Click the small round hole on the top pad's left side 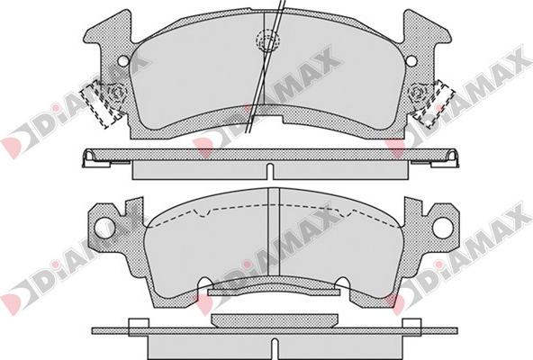click(123, 61)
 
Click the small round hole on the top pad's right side click(411, 61)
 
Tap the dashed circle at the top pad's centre click(268, 40)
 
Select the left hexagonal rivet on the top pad click(117, 92)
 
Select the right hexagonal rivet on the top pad click(419, 92)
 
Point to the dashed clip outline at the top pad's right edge click(435, 104)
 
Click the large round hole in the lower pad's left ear click(104, 228)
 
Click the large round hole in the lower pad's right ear click(443, 228)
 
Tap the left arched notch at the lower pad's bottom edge click(206, 283)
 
